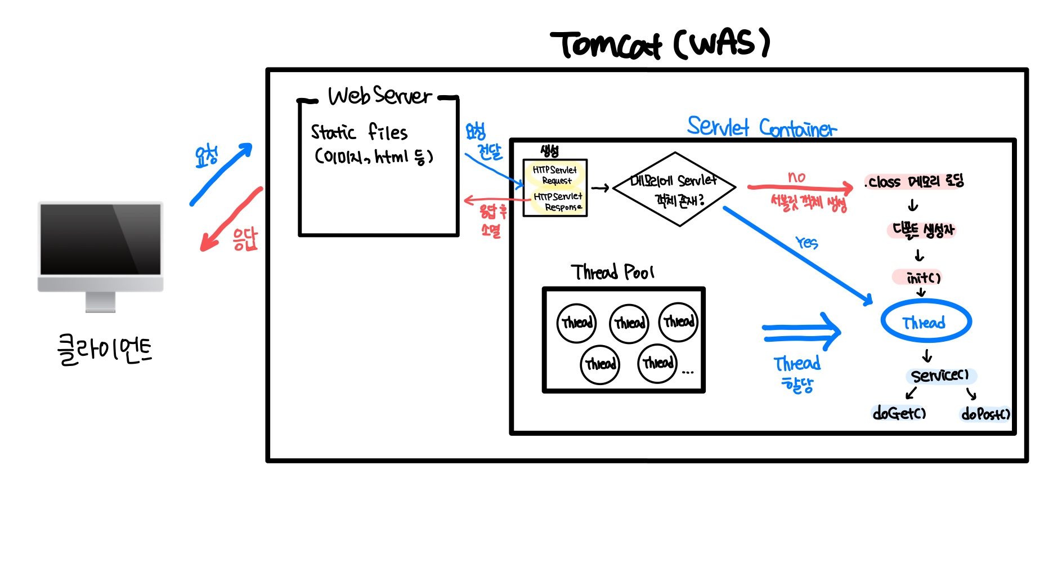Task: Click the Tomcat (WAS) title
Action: click(x=660, y=44)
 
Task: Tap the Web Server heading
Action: click(x=380, y=96)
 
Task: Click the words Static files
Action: click(x=359, y=132)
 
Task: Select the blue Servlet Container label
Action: click(x=761, y=128)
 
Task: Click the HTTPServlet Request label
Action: click(x=555, y=175)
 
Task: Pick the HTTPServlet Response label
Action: click(x=558, y=202)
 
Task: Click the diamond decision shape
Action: click(x=674, y=189)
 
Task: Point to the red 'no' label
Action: click(x=796, y=177)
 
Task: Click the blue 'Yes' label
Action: click(x=806, y=243)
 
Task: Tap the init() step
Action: click(x=923, y=278)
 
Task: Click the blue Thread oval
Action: click(x=926, y=322)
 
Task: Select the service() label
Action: click(x=940, y=376)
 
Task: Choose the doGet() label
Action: click(x=899, y=414)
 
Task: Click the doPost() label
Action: click(x=985, y=414)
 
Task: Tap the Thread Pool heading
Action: click(x=612, y=272)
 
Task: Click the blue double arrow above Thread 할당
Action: click(x=801, y=332)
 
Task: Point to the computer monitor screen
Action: click(x=101, y=239)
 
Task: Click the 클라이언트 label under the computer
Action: click(x=105, y=350)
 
